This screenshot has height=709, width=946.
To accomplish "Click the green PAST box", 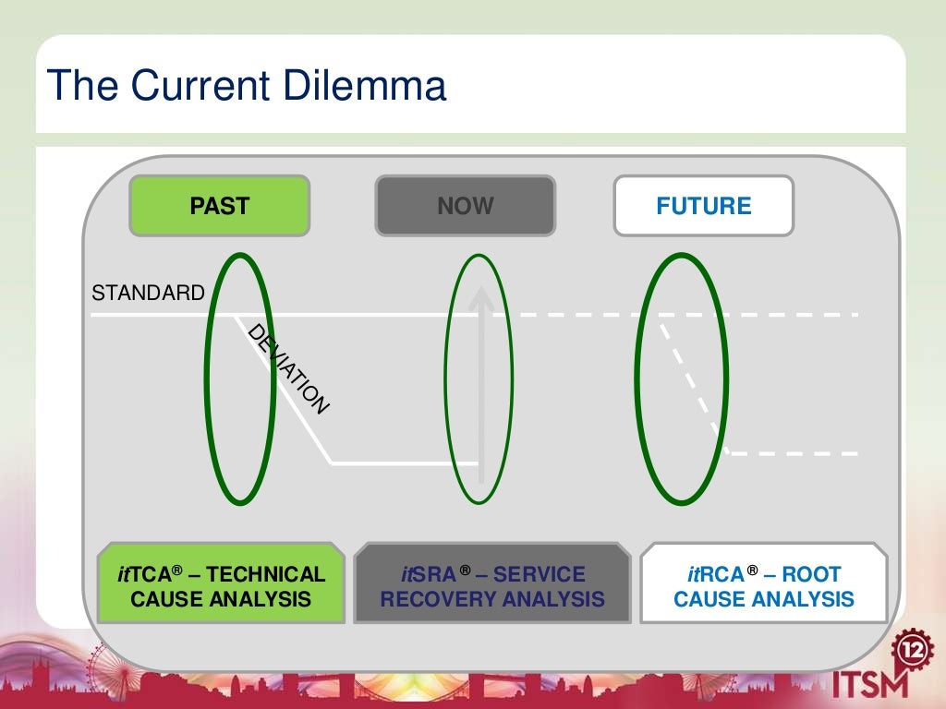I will tap(220, 205).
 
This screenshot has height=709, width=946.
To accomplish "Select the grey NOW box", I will tap(466, 205).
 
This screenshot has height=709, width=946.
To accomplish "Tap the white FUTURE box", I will tap(704, 205).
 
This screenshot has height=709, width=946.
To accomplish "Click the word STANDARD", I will tap(148, 294).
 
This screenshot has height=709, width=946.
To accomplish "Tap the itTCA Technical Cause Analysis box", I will tap(221, 586).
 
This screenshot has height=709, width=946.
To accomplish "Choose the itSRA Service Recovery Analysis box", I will tap(492, 586).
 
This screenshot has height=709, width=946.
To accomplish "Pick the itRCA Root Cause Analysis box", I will tap(764, 586).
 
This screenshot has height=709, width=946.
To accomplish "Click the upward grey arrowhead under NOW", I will tap(480, 297).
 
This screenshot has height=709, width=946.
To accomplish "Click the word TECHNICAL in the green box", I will tap(266, 574).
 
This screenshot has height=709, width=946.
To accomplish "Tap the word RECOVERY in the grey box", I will tap(434, 599).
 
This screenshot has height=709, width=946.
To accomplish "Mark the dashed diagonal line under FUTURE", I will tap(693, 384).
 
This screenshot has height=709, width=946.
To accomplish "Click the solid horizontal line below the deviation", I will tap(406, 463).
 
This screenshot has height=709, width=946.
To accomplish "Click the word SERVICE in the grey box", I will tap(540, 574).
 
